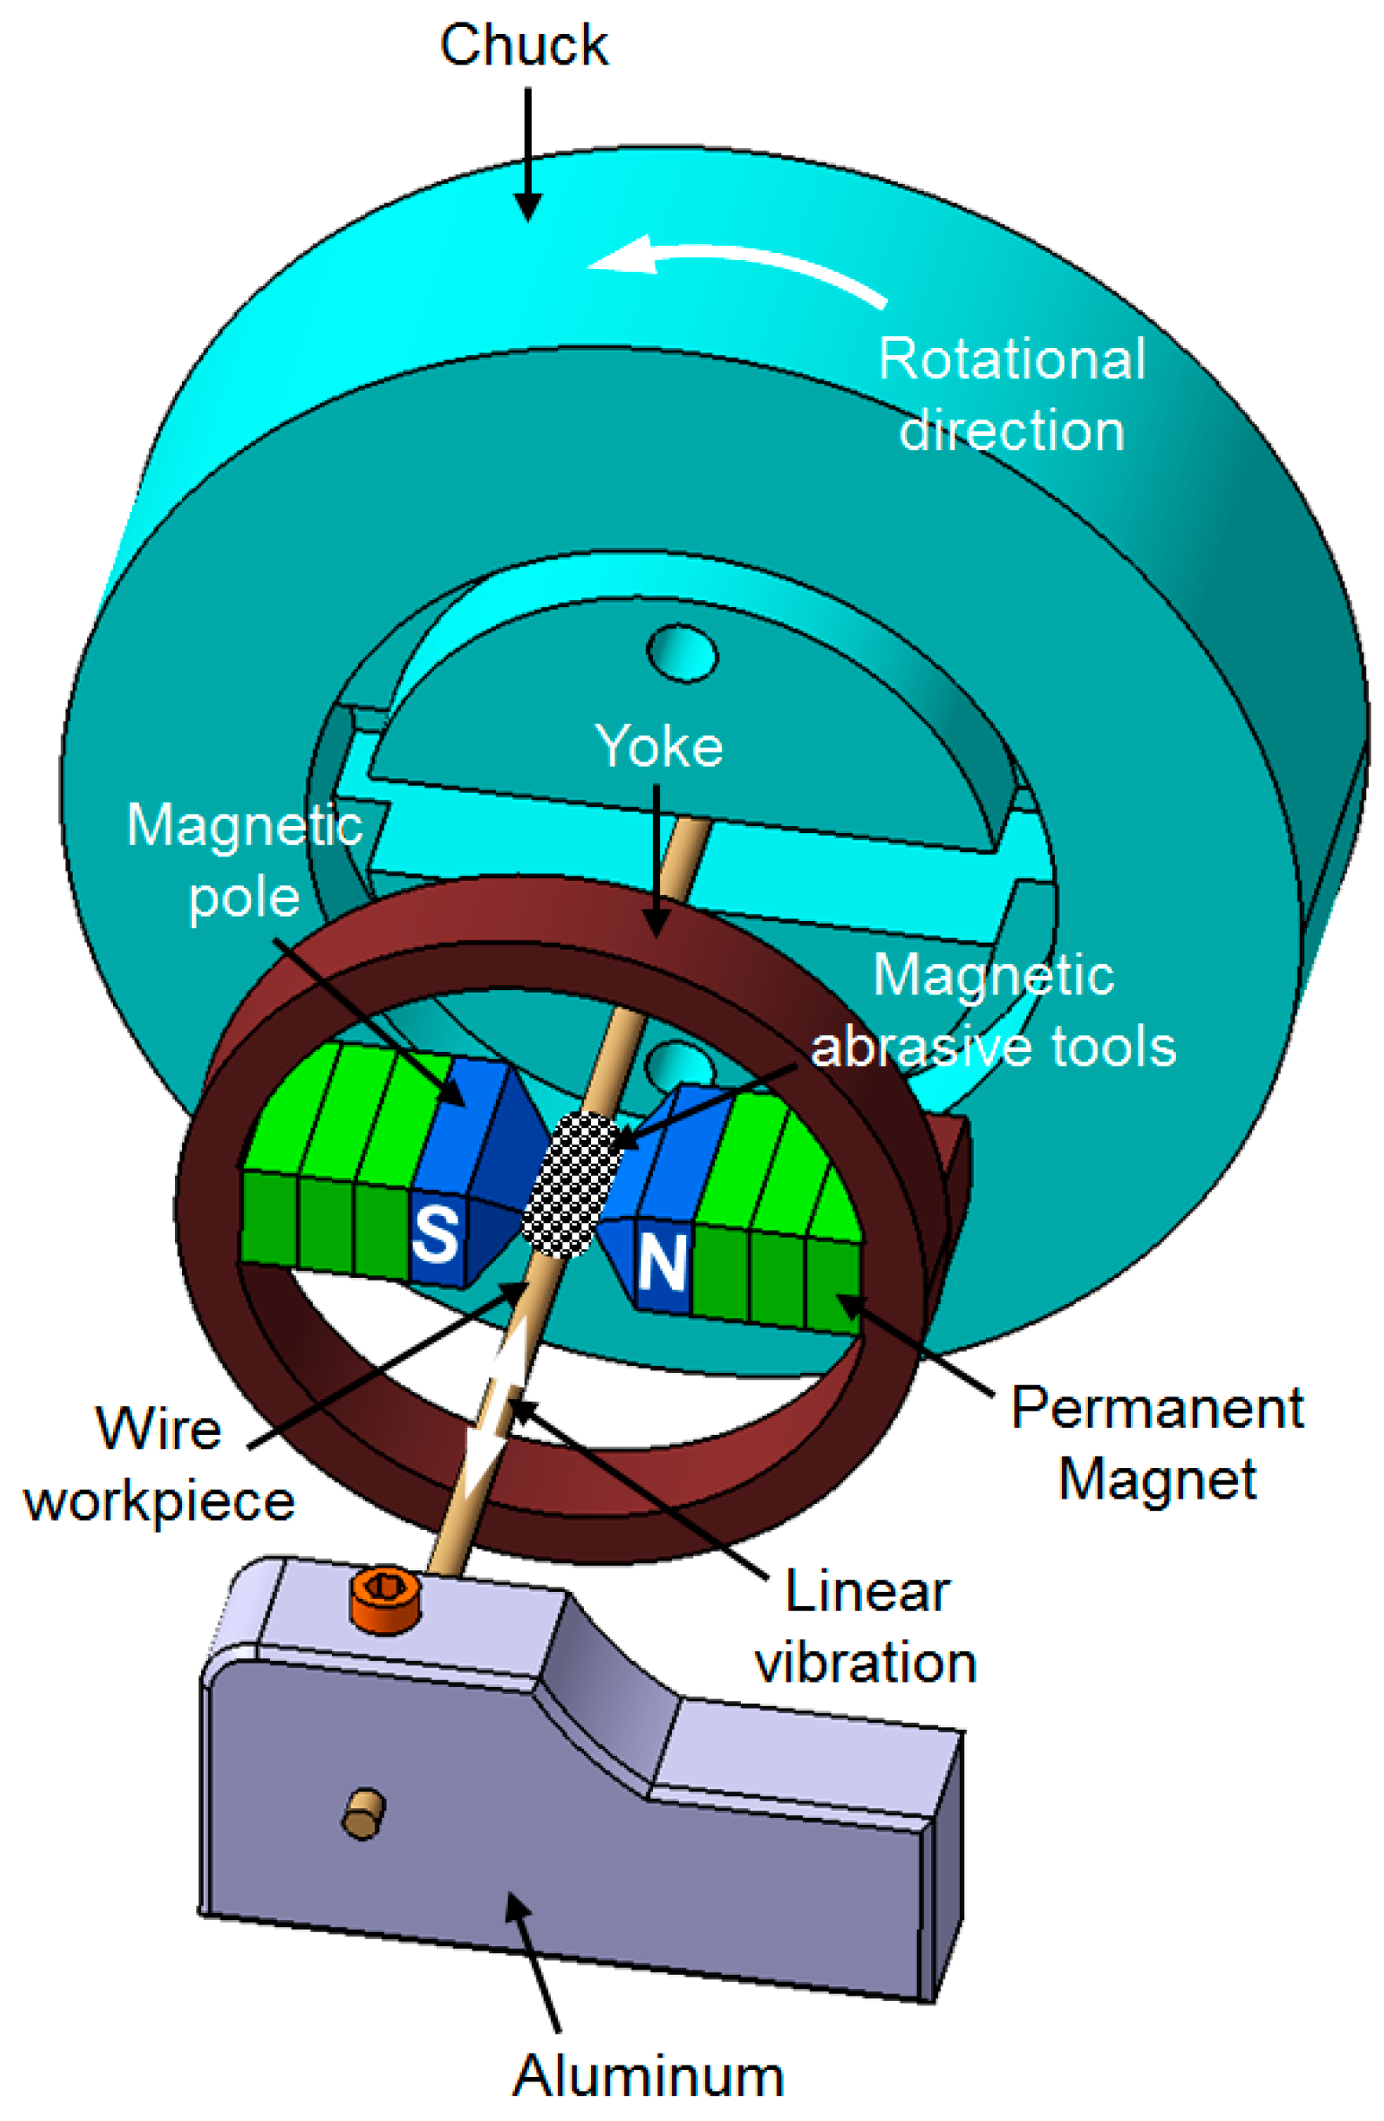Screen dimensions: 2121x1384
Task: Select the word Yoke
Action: (658, 746)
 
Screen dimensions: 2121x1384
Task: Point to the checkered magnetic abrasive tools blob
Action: (571, 1184)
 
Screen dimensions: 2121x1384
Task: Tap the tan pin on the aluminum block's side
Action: (363, 1813)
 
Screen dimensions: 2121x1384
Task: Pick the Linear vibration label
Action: (866, 1627)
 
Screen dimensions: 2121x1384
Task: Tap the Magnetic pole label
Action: (244, 860)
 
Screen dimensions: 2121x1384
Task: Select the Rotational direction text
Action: (1011, 395)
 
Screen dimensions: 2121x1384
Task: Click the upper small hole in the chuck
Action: (682, 654)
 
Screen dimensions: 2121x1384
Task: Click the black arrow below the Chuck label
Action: (527, 152)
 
